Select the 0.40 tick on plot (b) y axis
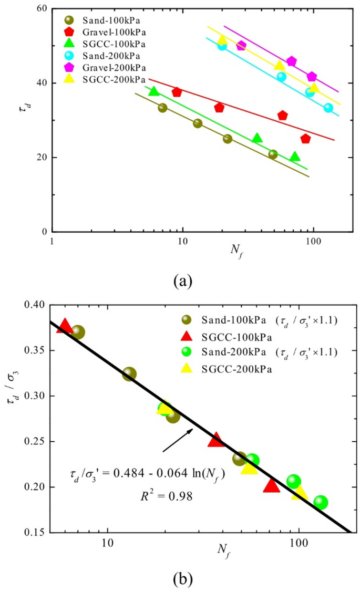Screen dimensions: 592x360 coord(35,305)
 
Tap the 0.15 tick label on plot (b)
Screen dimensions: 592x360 coord(35,533)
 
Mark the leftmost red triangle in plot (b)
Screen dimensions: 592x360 coord(65,326)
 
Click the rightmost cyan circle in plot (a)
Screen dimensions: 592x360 coord(328,108)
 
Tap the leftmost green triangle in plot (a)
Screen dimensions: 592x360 coord(153,91)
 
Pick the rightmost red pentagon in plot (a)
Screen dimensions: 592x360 coord(305,139)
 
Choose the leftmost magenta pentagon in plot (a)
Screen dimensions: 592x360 coord(241,46)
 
